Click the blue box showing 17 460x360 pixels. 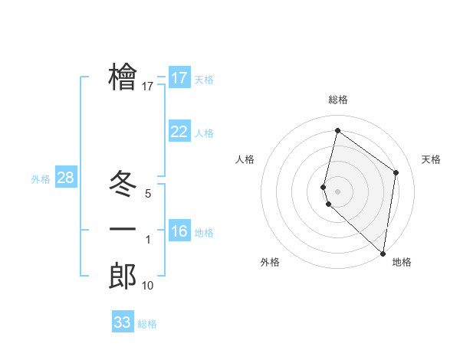point(179,78)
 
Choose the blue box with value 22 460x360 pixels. point(179,132)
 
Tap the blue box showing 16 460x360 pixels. point(179,231)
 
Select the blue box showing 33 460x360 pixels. point(123,322)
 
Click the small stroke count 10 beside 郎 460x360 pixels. point(148,286)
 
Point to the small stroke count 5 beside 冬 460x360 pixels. point(148,194)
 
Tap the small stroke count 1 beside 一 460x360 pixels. point(148,240)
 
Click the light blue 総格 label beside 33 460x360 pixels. point(147,324)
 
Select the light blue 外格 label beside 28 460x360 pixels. point(41,179)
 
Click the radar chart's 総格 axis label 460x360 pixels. point(337,100)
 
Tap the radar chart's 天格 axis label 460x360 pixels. point(431,159)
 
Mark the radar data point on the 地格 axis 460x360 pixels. point(383,253)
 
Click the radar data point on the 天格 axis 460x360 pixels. point(396,172)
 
